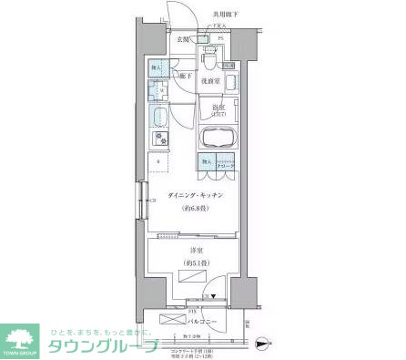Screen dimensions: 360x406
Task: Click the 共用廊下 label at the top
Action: click(x=227, y=14)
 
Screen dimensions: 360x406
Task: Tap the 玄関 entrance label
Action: click(x=183, y=40)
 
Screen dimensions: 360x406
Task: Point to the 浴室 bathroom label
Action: click(x=218, y=108)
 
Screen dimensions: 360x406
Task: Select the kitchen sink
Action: click(x=158, y=116)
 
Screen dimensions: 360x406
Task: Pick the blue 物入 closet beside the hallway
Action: click(x=156, y=67)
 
